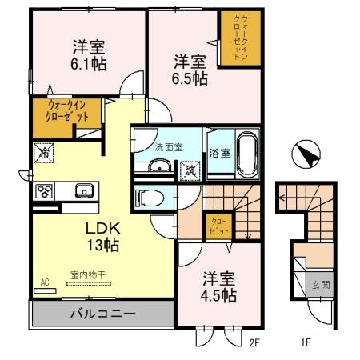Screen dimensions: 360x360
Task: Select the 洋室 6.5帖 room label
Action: pyautogui.click(x=191, y=69)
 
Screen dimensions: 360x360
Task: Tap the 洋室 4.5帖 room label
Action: pyautogui.click(x=218, y=287)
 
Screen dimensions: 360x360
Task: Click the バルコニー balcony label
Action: pyautogui.click(x=101, y=313)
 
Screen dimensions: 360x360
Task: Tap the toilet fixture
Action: pyautogui.click(x=151, y=196)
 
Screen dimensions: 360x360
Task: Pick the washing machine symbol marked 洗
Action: pyautogui.click(x=190, y=169)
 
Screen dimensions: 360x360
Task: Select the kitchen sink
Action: pyautogui.click(x=82, y=191)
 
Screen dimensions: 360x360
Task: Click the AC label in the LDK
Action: pyautogui.click(x=43, y=282)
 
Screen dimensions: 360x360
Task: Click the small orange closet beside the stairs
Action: pyautogui.click(x=218, y=225)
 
